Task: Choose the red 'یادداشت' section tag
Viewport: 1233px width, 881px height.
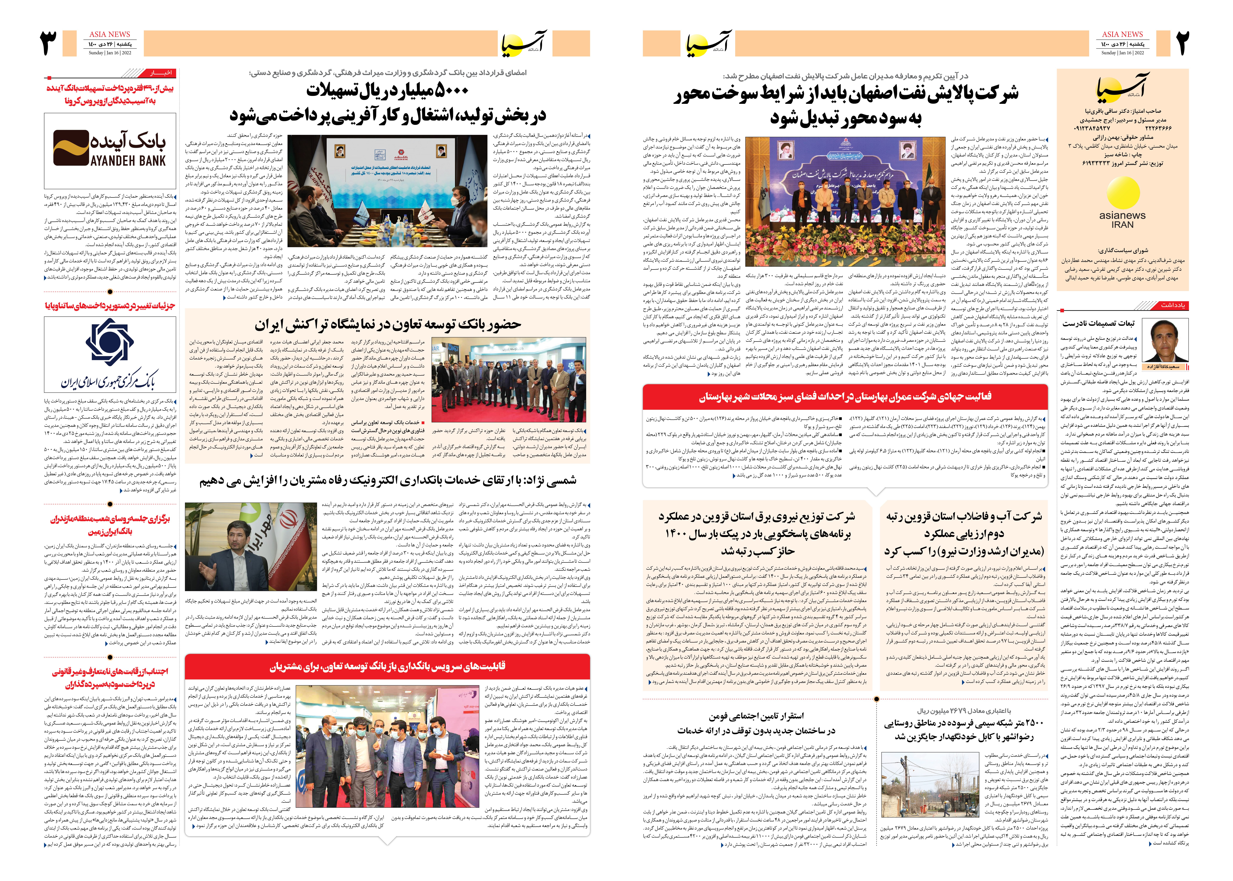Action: tap(1172, 305)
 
